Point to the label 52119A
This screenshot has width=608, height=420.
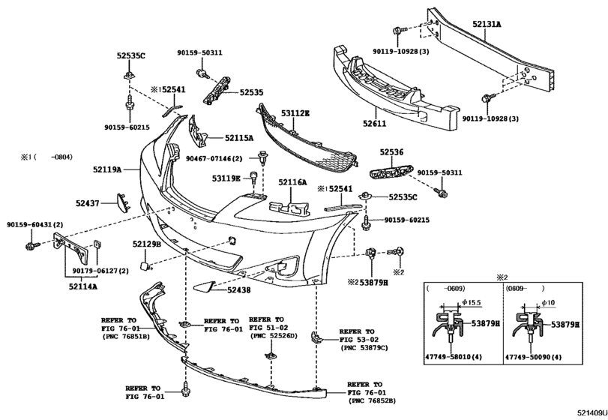point(107,170)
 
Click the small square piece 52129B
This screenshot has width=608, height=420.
point(148,265)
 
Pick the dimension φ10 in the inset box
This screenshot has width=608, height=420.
point(549,302)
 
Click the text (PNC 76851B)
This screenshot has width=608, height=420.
point(126,337)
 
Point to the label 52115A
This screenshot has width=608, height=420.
point(240,138)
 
